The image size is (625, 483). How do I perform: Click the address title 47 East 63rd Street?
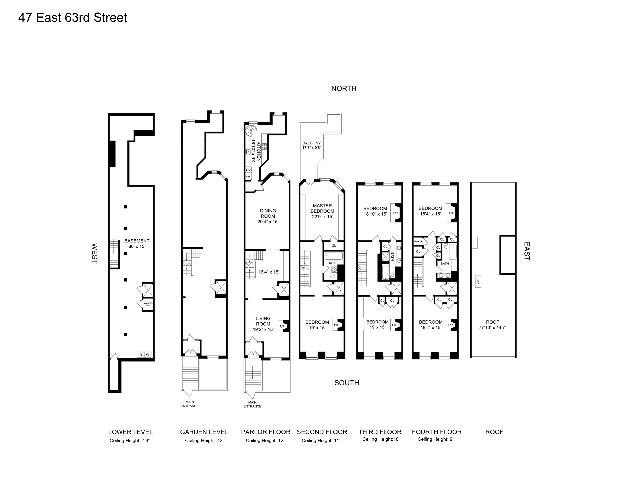point(73,18)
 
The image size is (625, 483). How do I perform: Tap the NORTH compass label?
point(344,89)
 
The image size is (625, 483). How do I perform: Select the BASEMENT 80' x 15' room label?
point(137,244)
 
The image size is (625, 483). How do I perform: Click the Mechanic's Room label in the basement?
point(148,304)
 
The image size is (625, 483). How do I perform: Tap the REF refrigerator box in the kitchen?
point(248,177)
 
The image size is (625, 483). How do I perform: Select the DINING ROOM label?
point(268,216)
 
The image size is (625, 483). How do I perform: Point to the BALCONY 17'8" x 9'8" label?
point(312,145)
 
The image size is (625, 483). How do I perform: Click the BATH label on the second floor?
point(332,263)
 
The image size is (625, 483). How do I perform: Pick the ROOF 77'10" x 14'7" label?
point(492,325)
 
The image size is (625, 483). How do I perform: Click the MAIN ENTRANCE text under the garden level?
point(189,404)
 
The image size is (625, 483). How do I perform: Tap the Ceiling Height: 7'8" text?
point(130,440)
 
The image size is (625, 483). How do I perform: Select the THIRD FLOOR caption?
point(380,432)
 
